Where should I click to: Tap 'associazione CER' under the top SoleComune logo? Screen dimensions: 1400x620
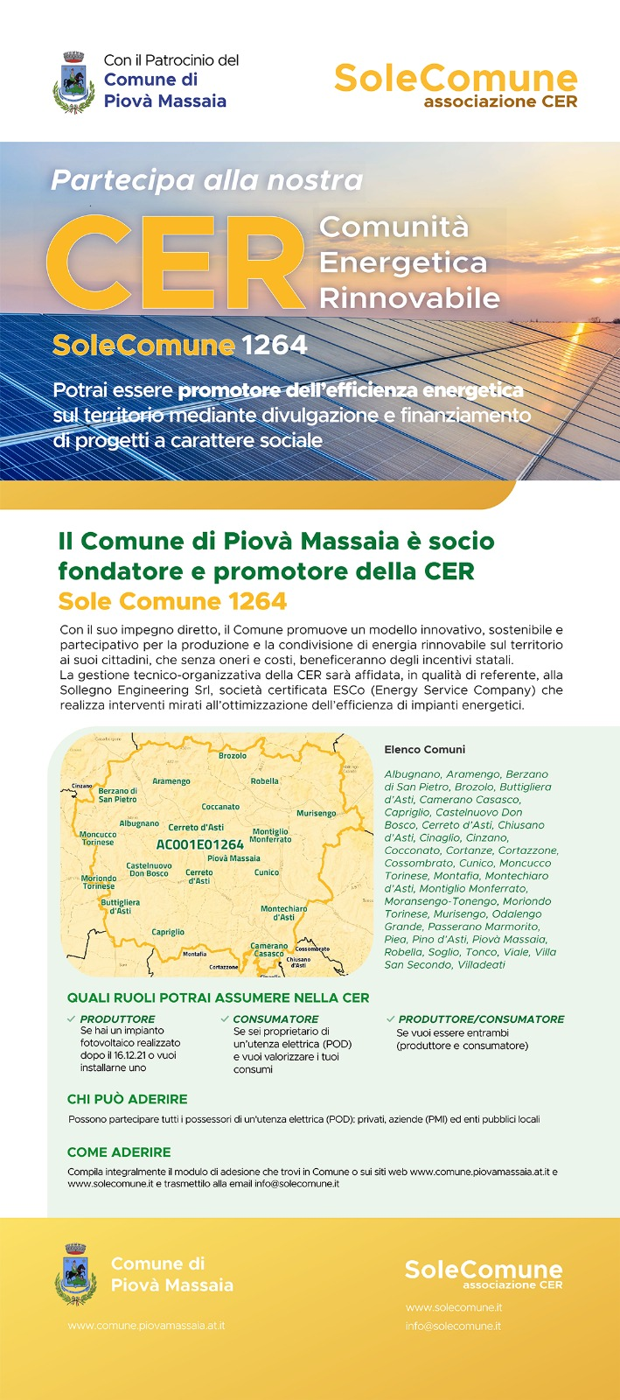[x=500, y=101]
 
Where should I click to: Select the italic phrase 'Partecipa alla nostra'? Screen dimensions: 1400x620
[x=207, y=180]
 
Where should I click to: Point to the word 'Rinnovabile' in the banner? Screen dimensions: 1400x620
[x=409, y=298]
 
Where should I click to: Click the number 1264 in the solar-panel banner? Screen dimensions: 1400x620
[x=275, y=345]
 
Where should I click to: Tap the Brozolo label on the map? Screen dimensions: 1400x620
[x=233, y=755]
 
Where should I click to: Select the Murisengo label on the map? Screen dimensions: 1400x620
[x=316, y=814]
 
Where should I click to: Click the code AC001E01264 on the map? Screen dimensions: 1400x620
[x=199, y=844]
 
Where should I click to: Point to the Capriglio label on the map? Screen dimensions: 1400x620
[x=168, y=933]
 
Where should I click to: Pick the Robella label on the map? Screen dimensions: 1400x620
[x=264, y=781]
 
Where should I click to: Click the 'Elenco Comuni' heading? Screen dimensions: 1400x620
[x=425, y=750]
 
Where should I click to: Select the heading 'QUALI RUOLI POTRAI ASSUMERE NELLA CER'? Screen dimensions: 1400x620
[x=218, y=997]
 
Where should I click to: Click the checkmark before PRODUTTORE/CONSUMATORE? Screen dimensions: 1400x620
[x=390, y=1018]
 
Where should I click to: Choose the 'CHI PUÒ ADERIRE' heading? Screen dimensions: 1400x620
[x=127, y=1099]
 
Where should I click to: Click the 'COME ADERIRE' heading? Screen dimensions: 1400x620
[x=119, y=1152]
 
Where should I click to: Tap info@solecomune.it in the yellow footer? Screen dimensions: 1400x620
[x=453, y=1326]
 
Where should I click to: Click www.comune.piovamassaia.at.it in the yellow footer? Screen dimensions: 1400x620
[x=146, y=1326]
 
